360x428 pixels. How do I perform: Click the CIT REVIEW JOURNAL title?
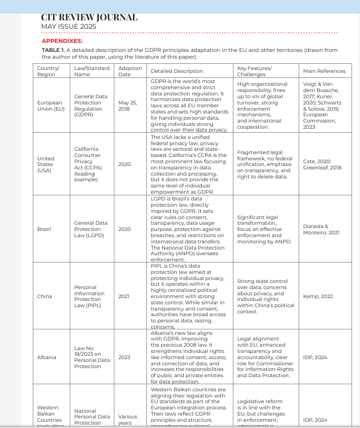coord(89,18)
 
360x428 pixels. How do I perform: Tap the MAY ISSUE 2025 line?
coord(69,27)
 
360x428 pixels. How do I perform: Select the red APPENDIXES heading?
coord(62,41)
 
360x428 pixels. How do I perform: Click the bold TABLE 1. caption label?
coord(54,50)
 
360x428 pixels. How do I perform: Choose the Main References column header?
coord(324,71)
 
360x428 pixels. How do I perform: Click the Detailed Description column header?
coord(177,71)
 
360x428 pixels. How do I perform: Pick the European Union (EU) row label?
coord(50,106)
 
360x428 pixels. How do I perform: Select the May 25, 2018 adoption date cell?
coord(127,106)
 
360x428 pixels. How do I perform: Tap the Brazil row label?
coord(44,229)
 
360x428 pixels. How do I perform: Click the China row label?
coord(44,296)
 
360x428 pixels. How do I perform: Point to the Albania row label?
coord(46,357)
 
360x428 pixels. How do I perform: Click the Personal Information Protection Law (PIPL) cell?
coord(89,296)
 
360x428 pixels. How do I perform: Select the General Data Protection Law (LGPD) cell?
coord(90,229)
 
